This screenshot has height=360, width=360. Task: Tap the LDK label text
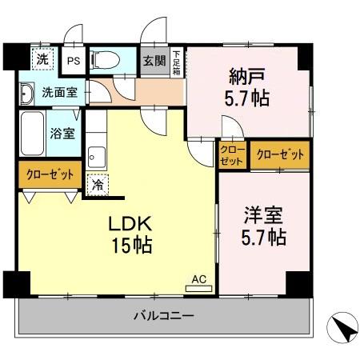[x=126, y=224]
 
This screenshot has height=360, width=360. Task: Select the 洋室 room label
[x=264, y=216]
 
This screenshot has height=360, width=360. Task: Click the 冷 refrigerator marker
[x=96, y=184]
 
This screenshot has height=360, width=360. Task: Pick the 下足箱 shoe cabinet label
[x=177, y=62]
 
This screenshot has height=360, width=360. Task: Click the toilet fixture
[x=105, y=60]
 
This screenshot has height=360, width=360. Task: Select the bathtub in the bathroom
[x=33, y=134]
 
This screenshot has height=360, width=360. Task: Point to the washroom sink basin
[x=26, y=90]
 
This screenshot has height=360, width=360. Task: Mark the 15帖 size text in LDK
[x=126, y=243]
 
